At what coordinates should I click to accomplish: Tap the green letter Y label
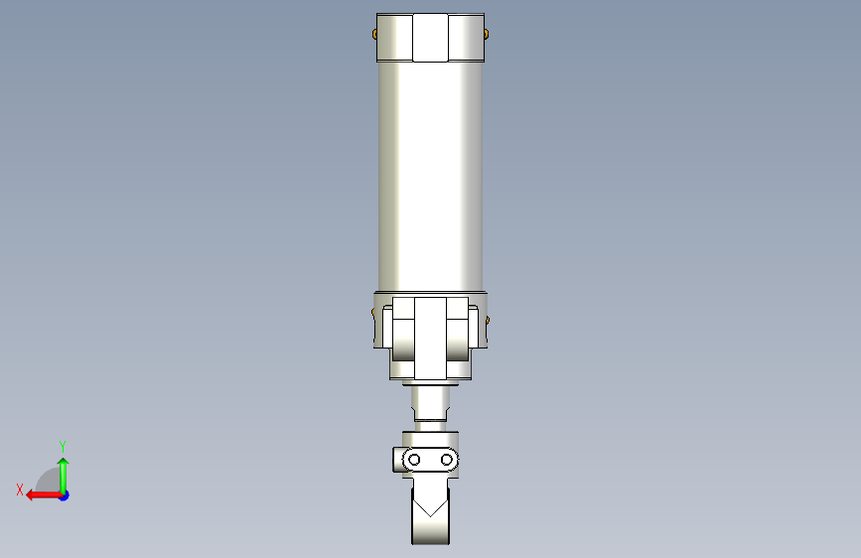[63, 446]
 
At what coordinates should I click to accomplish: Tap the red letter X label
[19, 488]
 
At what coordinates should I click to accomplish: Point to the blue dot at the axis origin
[64, 494]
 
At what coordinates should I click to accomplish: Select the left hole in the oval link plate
[415, 460]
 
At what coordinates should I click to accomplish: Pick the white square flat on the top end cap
[430, 38]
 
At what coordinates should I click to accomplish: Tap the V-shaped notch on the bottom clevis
[430, 507]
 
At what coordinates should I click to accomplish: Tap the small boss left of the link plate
[397, 461]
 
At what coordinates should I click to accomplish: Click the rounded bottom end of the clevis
[430, 536]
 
